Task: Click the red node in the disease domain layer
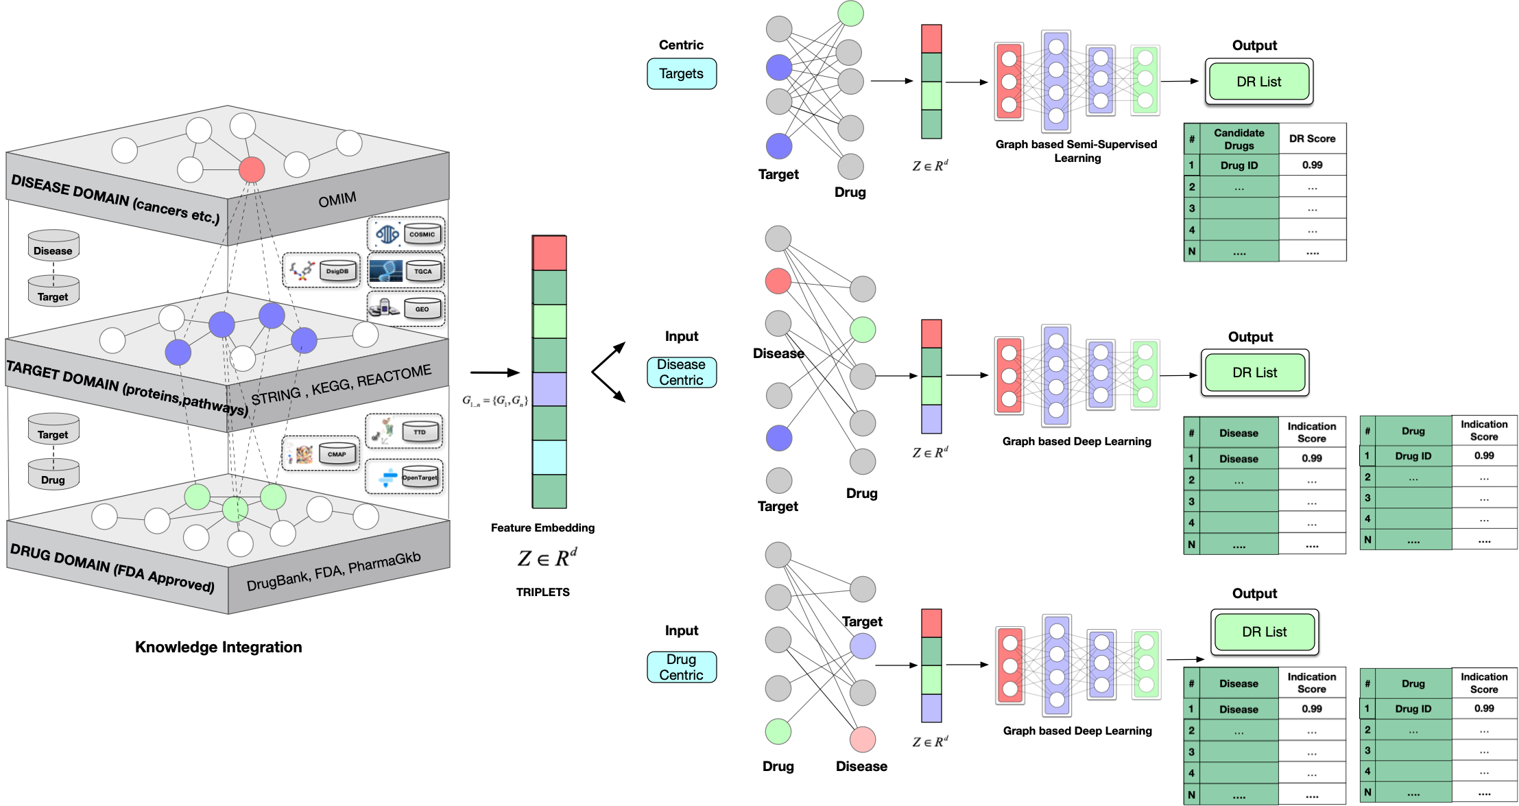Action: click(252, 169)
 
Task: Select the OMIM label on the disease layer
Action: click(337, 200)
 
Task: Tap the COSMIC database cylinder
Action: click(422, 235)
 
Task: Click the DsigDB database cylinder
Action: click(337, 271)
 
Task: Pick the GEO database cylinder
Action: click(422, 309)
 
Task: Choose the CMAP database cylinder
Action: click(337, 454)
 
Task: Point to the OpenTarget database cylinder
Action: click(420, 477)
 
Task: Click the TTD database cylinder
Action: click(420, 432)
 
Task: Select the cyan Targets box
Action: click(681, 73)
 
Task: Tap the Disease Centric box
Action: click(681, 372)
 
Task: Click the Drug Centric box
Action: click(681, 667)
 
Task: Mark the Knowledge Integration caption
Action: click(218, 647)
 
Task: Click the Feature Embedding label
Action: click(542, 528)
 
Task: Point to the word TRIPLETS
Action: click(542, 592)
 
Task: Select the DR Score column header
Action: click(1312, 139)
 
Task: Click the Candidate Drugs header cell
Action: click(1239, 139)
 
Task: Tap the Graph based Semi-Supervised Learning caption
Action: click(1077, 151)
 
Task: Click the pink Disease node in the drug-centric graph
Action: click(862, 739)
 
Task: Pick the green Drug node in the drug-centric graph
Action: click(778, 731)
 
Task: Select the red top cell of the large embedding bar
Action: click(549, 253)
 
